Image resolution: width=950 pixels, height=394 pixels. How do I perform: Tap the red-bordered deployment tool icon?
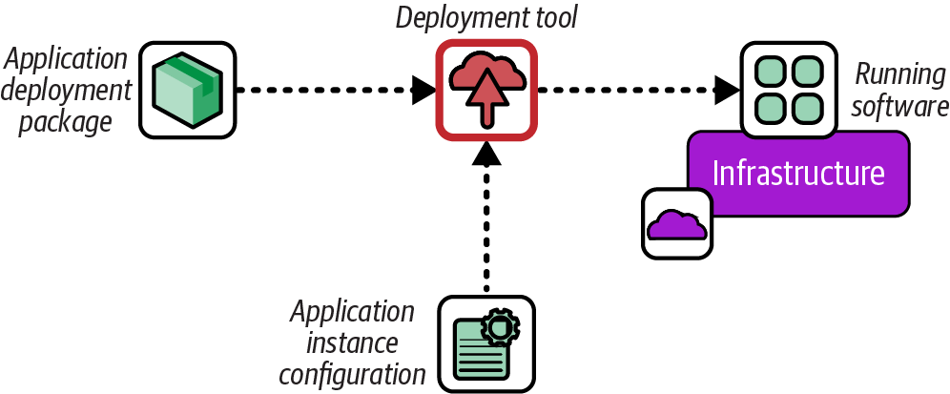click(485, 90)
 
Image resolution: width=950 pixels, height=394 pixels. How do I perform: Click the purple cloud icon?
click(676, 223)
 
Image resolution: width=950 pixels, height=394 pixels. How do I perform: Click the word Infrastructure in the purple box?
click(798, 174)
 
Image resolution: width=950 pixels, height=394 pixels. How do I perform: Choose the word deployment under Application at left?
click(69, 91)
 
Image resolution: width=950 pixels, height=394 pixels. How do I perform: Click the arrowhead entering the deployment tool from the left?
click(424, 91)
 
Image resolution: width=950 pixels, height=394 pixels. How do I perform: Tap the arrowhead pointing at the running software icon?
click(729, 91)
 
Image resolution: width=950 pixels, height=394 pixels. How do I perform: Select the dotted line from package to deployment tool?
click(324, 91)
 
